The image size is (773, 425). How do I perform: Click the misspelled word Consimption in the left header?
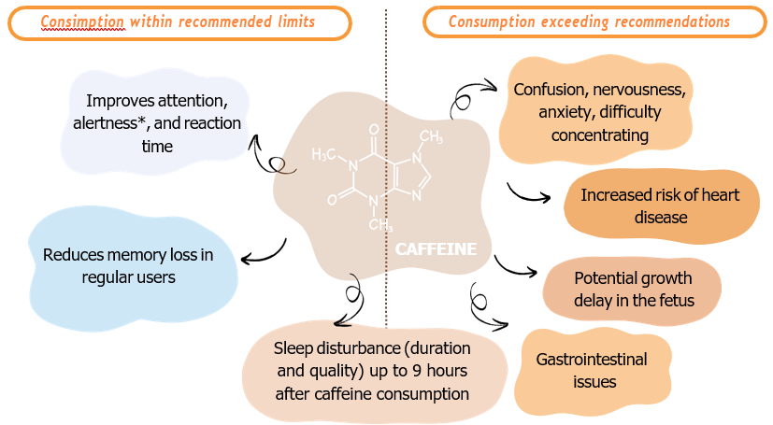coord(82,22)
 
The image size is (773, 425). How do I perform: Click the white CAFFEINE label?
coord(436,249)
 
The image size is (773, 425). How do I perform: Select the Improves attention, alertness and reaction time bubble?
coord(156,122)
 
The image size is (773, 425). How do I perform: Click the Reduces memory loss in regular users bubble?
coord(129,267)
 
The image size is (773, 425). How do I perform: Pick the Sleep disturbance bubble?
coord(373,372)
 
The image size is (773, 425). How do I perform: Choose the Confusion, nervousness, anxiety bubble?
coord(598,111)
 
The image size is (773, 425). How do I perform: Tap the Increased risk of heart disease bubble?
coord(661,205)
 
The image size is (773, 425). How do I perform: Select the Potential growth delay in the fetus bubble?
coord(633,290)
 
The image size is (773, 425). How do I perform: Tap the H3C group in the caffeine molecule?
coord(323,155)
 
